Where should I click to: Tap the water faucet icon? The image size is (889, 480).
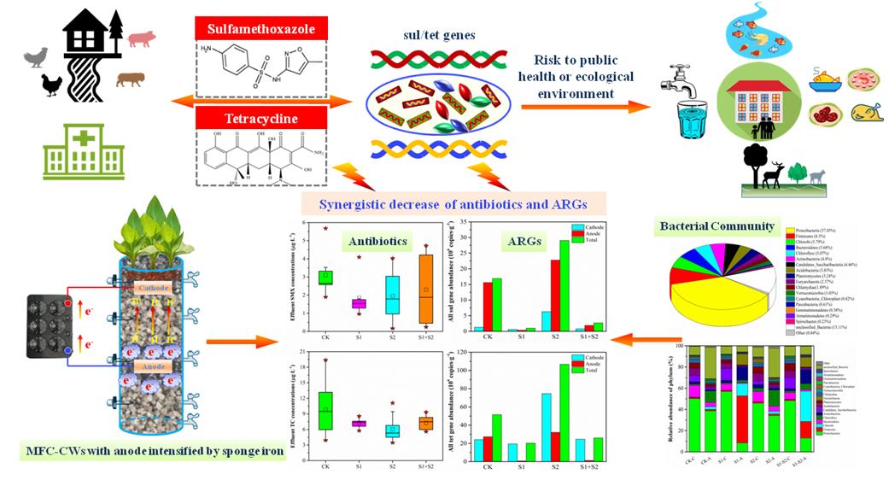(675, 85)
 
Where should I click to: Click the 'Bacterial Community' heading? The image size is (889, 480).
(716, 227)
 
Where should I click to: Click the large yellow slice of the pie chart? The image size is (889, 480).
(713, 295)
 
